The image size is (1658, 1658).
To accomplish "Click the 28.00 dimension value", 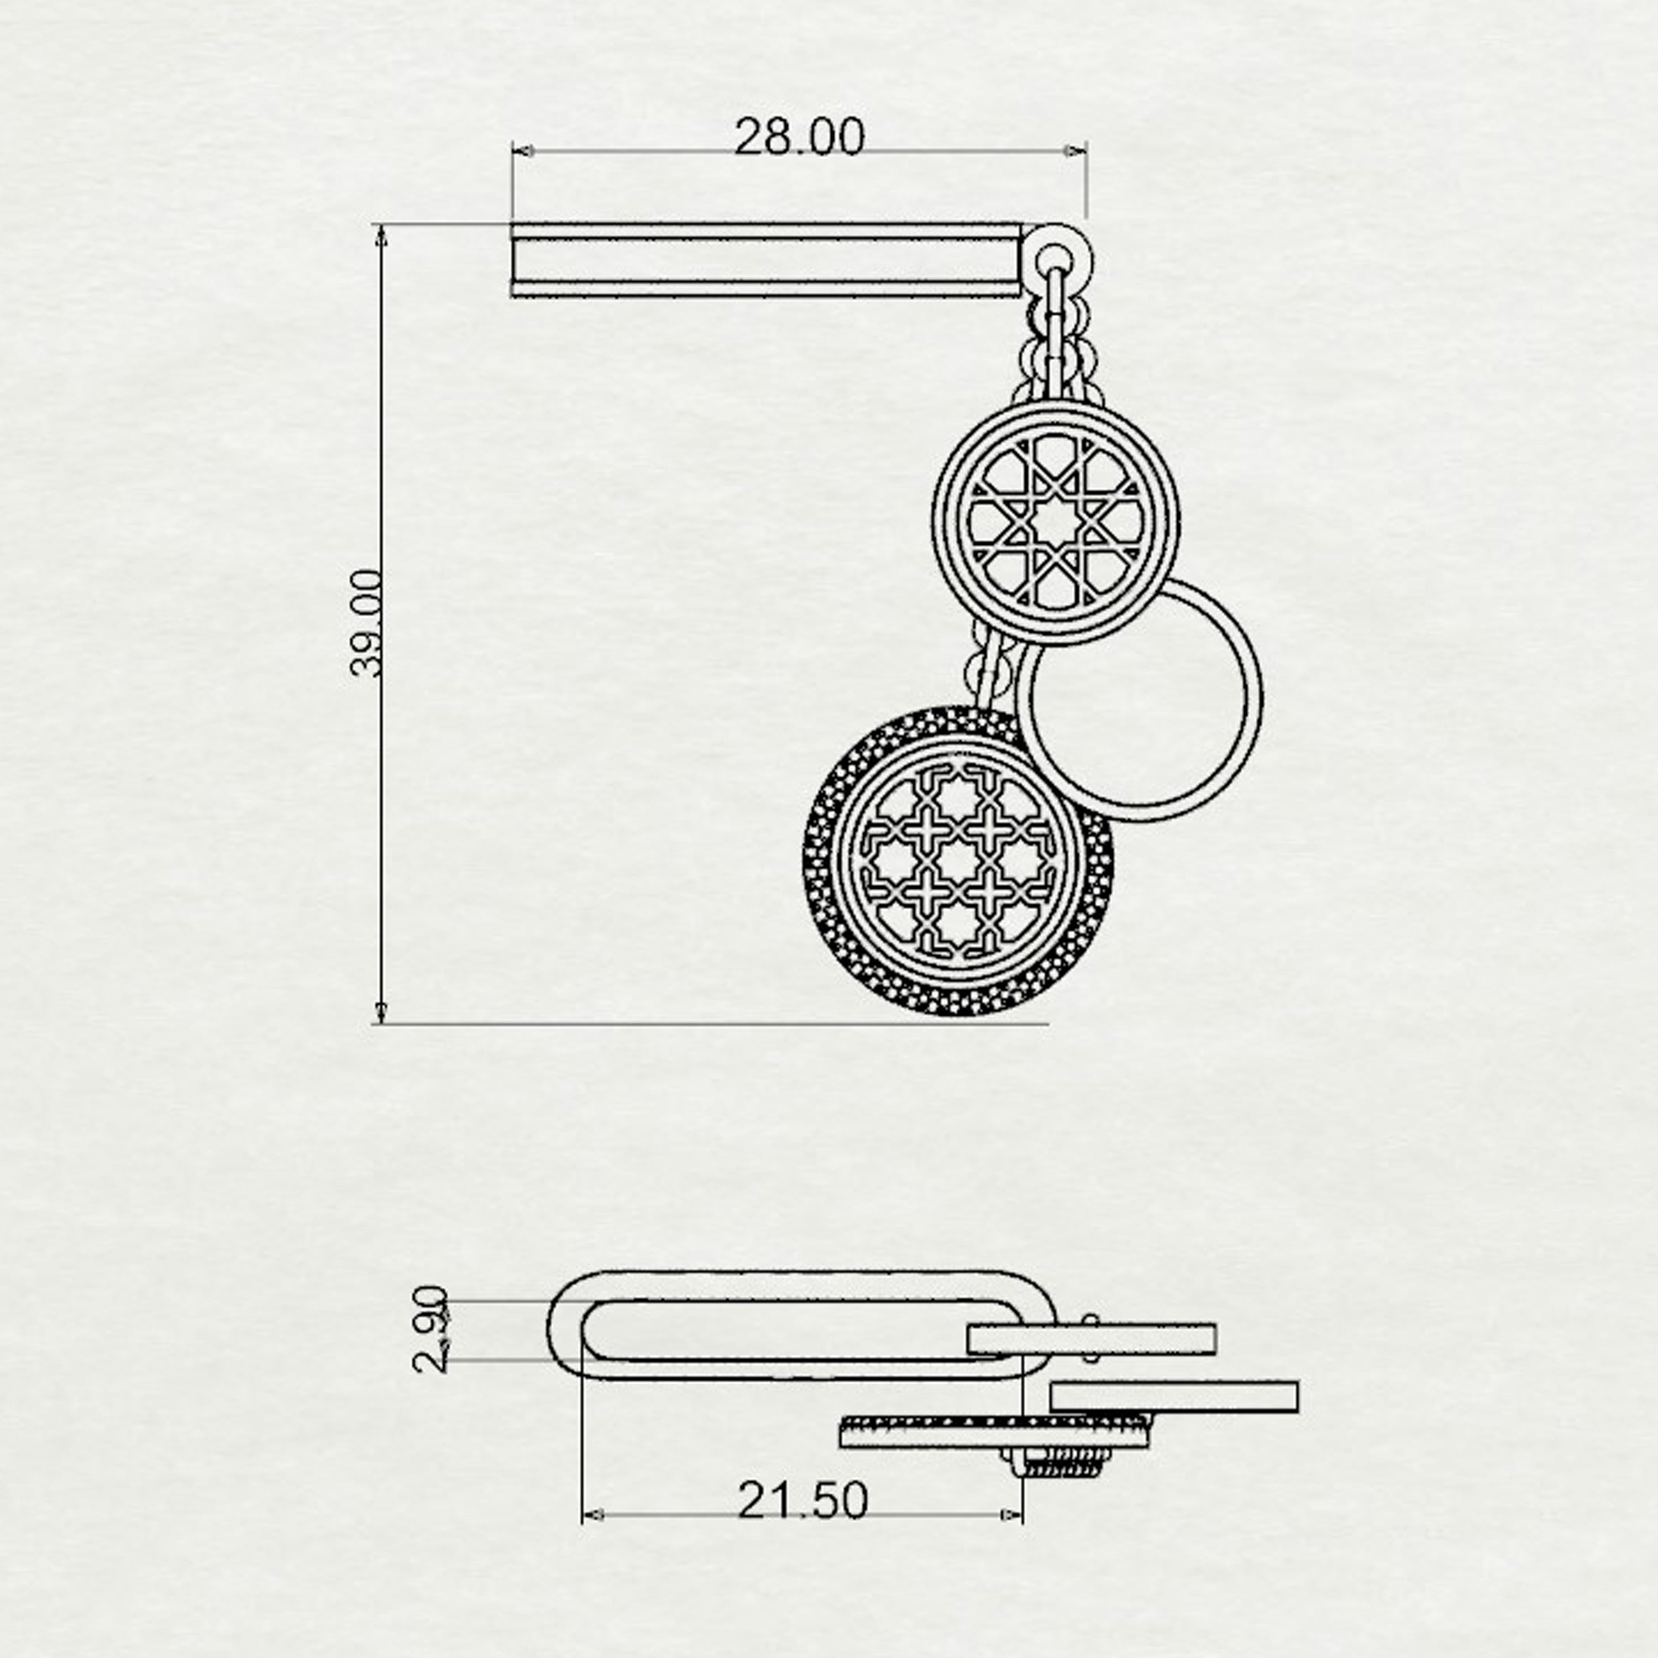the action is [799, 137].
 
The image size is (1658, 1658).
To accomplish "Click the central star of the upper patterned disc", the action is [1056, 522].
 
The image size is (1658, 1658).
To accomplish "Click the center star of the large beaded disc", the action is [958, 863].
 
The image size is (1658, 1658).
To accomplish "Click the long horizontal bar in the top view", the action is [767, 260].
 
